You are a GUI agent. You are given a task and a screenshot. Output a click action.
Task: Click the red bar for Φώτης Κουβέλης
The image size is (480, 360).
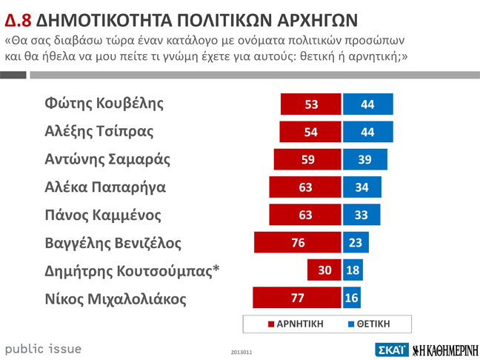pyautogui.click(x=311, y=104)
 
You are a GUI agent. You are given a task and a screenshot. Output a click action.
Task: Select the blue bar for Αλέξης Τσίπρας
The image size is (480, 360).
pyautogui.click(x=367, y=132)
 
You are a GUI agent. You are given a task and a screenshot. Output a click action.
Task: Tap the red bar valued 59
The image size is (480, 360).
pyautogui.click(x=307, y=159)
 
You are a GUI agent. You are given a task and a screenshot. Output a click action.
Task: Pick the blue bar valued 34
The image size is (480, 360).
pyautogui.click(x=362, y=187)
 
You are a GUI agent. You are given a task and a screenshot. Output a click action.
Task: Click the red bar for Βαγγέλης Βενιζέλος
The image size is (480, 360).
pyautogui.click(x=298, y=242)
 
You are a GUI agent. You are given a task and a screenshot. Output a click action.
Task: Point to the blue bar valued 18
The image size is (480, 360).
pyautogui.click(x=353, y=270)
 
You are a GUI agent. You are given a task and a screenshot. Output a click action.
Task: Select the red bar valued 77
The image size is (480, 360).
pyautogui.click(x=297, y=298)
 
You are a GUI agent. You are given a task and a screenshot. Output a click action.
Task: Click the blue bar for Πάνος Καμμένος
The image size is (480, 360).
pyautogui.click(x=361, y=215)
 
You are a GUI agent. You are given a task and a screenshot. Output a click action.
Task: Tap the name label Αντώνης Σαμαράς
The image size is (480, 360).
pyautogui.click(x=108, y=159)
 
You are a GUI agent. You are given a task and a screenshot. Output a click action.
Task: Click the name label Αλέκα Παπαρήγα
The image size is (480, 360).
pyautogui.click(x=105, y=187)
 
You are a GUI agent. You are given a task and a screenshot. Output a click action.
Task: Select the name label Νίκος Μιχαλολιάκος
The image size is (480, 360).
pyautogui.click(x=116, y=299)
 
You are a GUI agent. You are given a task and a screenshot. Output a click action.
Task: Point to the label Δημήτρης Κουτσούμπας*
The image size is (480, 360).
pyautogui.click(x=133, y=271)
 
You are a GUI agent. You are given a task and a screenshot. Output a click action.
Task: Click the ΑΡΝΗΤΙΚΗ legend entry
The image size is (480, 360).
pyautogui.click(x=296, y=324)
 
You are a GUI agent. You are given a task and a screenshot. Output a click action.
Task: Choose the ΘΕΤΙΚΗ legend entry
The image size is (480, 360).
pyautogui.click(x=368, y=324)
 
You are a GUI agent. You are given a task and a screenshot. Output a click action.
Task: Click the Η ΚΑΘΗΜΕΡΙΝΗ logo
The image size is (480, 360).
pyautogui.click(x=445, y=349)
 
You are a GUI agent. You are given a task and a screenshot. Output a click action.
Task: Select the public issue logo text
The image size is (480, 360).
pyautogui.click(x=43, y=348)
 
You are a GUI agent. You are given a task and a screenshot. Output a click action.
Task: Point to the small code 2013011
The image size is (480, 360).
pyautogui.click(x=241, y=351)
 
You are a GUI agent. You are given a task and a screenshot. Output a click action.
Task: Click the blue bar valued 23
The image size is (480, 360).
pyautogui.click(x=356, y=242)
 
